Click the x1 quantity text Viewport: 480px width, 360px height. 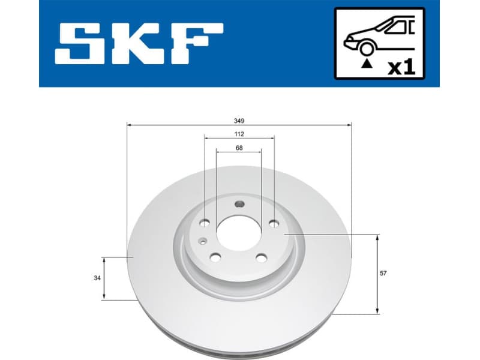401,67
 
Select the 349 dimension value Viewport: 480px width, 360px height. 239,120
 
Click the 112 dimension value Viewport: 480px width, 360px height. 239,134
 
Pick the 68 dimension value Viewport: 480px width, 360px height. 239,148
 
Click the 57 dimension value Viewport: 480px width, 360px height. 383,274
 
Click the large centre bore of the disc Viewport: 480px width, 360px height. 239,232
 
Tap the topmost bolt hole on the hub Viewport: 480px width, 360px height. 239,203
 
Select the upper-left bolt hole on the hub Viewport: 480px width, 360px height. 204,224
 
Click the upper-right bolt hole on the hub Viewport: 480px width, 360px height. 274,224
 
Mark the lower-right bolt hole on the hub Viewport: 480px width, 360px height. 261,258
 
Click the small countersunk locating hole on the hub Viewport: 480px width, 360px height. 203,241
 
